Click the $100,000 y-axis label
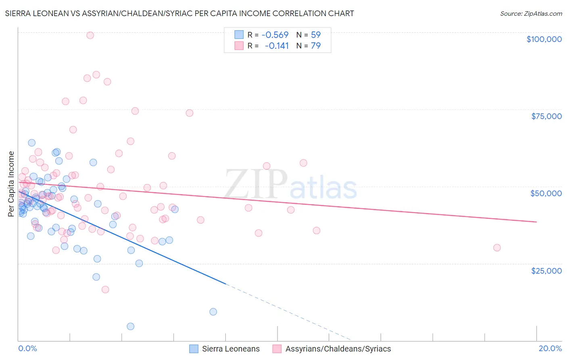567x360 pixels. [544, 39]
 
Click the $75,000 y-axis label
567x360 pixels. [546, 116]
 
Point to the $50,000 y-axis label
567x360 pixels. [546, 193]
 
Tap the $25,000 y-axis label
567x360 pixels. [546, 271]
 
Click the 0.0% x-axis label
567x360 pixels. [27, 348]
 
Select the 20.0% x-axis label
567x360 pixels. [550, 348]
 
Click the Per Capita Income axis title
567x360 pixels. [11, 184]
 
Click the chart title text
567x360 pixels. [179, 13]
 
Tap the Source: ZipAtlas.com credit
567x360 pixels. [531, 13]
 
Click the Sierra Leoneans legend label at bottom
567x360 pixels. [231, 349]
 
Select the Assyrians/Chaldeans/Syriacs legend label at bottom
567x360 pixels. [338, 349]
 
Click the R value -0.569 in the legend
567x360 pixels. [275, 35]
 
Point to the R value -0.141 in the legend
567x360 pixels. [277, 46]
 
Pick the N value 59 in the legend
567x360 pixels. [316, 35]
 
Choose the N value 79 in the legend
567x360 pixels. [316, 46]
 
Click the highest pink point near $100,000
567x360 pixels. [90, 35]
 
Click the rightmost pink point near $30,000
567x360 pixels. [497, 248]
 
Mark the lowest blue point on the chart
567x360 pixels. [130, 327]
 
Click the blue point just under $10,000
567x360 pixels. [213, 312]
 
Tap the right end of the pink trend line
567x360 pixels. [536, 222]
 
